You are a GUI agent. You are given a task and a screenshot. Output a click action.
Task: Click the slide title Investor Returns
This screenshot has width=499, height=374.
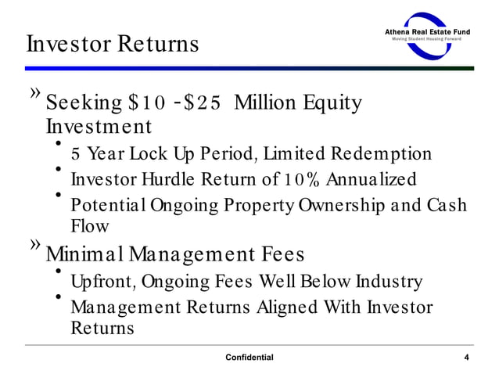tap(112, 43)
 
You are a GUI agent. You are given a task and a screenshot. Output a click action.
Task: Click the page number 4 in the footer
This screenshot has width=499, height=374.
tap(466, 358)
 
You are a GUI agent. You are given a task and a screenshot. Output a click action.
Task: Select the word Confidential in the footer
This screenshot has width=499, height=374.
tap(249, 358)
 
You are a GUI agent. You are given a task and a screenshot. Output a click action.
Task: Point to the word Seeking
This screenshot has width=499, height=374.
tap(84, 103)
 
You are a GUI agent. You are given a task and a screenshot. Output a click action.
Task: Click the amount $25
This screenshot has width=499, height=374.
tap(205, 103)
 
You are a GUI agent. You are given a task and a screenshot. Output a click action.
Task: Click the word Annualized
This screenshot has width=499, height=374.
tap(371, 180)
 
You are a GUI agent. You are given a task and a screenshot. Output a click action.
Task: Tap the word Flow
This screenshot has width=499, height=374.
tap(90, 226)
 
